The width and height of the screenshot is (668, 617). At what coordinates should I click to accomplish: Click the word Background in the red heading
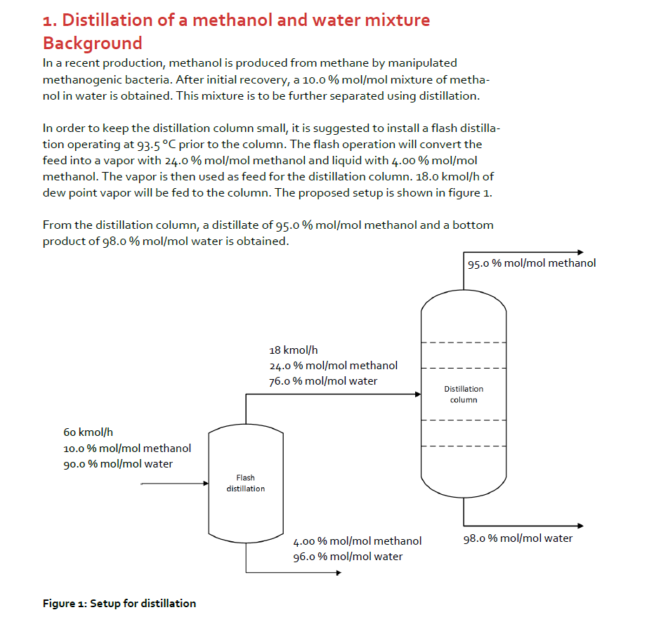point(92,43)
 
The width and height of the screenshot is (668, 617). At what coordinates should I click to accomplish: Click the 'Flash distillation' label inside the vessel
point(245,483)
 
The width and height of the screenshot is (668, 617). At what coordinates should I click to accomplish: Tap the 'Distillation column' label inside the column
point(464,394)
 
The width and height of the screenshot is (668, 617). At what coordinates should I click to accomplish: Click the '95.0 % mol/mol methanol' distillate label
point(531,263)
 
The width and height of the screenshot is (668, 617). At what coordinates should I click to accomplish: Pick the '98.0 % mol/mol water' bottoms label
point(518,538)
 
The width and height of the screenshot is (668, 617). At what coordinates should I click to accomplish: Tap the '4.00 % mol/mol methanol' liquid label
point(357,540)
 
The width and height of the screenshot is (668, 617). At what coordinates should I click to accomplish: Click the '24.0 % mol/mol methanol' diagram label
point(333,365)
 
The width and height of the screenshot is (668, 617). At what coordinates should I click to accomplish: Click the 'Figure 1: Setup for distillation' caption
point(119,603)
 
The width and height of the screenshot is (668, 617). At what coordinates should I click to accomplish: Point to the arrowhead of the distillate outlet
point(579,252)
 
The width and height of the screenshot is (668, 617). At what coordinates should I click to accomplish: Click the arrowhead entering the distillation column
point(417,394)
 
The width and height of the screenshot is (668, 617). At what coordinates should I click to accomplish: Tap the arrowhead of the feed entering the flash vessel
point(206,484)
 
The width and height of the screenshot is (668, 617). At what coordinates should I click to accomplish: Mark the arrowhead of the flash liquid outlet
point(338,572)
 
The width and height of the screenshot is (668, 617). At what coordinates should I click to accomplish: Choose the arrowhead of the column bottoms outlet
point(579,526)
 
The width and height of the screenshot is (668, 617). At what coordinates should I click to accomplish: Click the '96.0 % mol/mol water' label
point(348,557)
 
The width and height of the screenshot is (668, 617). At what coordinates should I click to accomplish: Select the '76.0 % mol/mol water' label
point(323,381)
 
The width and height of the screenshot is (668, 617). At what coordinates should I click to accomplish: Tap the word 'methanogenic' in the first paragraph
point(78,79)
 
